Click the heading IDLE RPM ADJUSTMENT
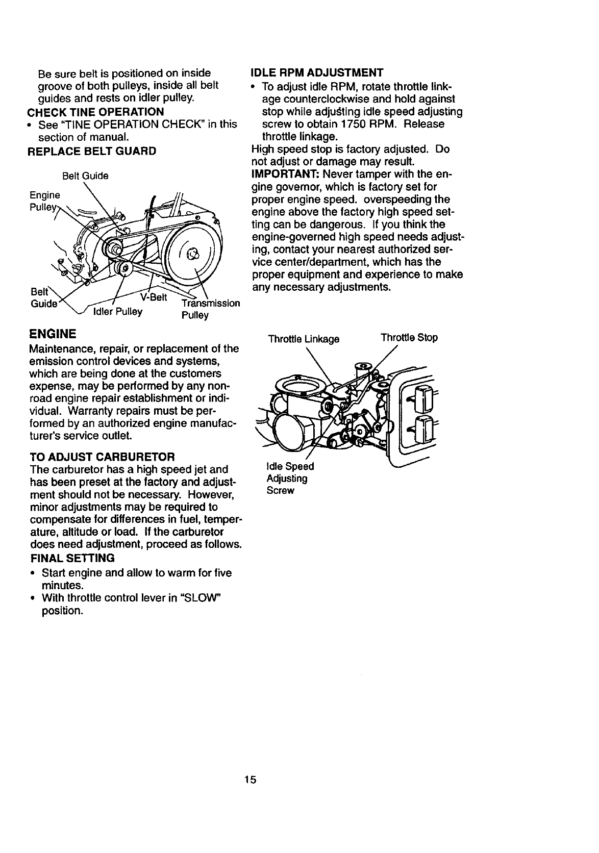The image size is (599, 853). click(317, 73)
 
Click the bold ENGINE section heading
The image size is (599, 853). click(53, 334)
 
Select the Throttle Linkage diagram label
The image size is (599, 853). click(304, 339)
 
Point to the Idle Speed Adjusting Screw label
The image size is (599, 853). click(287, 479)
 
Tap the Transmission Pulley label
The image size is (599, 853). click(210, 309)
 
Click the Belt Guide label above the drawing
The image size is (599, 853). click(85, 176)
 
